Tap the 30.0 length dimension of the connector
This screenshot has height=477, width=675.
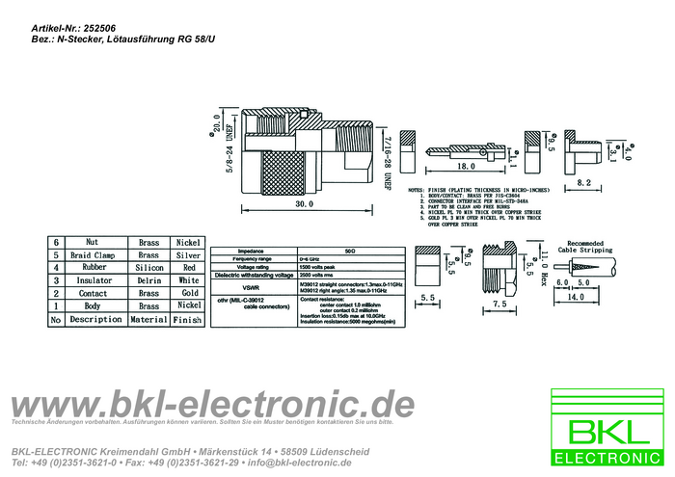[x=305, y=205]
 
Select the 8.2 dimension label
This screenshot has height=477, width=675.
[x=584, y=182]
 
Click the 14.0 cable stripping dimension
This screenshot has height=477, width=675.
[x=576, y=299]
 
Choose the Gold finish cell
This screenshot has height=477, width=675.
[x=189, y=293]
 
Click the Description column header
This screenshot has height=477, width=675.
[x=95, y=319]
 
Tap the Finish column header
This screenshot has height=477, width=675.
[x=187, y=319]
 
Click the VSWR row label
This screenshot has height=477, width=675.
[x=251, y=287]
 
